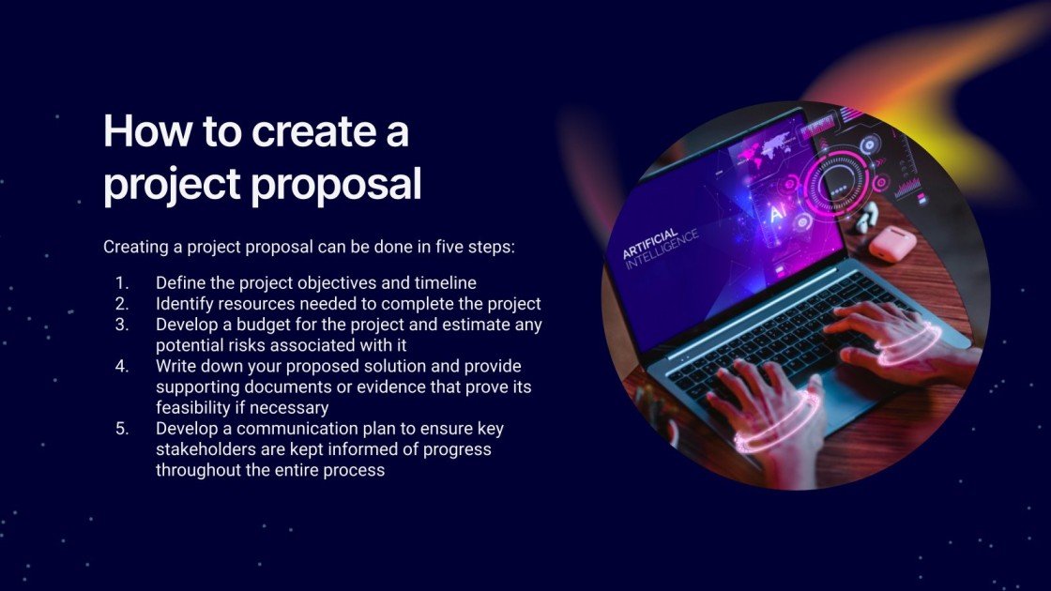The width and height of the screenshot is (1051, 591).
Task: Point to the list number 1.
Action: pos(121,282)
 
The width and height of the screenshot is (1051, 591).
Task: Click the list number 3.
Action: pos(121,325)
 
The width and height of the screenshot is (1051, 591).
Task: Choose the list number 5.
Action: pos(121,429)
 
